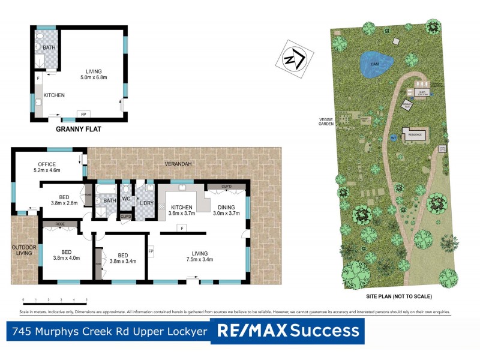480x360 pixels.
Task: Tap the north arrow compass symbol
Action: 294,58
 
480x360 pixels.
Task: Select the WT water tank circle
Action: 394,137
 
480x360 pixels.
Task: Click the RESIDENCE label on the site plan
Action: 415,135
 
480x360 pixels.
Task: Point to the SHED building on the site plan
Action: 421,92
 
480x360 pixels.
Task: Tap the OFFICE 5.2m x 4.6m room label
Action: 47,167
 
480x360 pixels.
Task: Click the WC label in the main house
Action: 126,198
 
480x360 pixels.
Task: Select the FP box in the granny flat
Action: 82,114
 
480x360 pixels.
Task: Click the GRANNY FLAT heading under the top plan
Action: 79,128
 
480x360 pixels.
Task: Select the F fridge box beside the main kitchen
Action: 180,227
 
